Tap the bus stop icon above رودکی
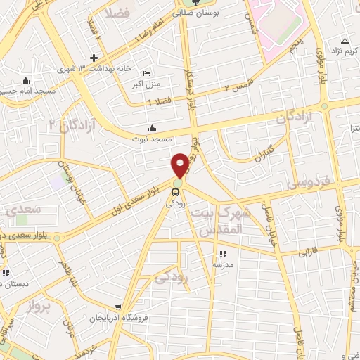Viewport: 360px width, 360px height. click(x=176, y=191)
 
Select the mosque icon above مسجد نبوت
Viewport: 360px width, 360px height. click(x=152, y=129)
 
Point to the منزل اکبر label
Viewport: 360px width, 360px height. click(x=146, y=84)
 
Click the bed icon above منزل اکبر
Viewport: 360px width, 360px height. click(x=146, y=74)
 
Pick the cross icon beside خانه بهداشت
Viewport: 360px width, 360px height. click(x=94, y=57)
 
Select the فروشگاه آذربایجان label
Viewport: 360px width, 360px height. click(x=117, y=318)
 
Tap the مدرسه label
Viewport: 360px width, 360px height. click(x=224, y=265)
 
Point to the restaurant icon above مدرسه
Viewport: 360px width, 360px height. click(x=224, y=255)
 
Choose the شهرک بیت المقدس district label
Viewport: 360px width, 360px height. click(x=220, y=221)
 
